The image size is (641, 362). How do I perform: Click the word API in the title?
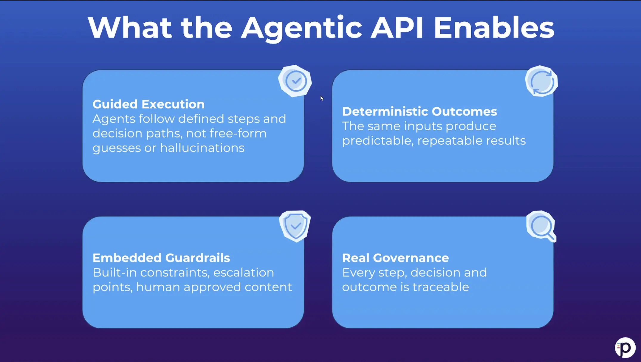[x=397, y=28]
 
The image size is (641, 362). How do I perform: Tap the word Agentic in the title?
[x=301, y=28]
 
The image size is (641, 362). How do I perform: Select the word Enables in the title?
[x=494, y=28]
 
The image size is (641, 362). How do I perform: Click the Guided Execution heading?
[x=148, y=104]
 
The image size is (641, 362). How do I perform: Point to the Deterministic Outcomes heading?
[x=419, y=112]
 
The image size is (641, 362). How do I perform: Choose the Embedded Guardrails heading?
[x=161, y=258]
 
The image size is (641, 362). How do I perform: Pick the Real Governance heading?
[x=395, y=258]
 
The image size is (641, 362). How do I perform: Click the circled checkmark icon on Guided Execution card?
[x=295, y=81]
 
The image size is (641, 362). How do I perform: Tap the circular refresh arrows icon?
[x=541, y=82]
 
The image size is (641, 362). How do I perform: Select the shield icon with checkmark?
[x=295, y=226]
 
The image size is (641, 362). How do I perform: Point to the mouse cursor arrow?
[x=321, y=98]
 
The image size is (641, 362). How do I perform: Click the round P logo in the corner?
[x=625, y=348]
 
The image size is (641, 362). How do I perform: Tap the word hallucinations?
[x=202, y=148]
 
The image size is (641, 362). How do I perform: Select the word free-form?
[x=238, y=133]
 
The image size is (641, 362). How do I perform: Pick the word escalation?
[x=243, y=273]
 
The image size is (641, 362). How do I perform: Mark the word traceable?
[x=440, y=287]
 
